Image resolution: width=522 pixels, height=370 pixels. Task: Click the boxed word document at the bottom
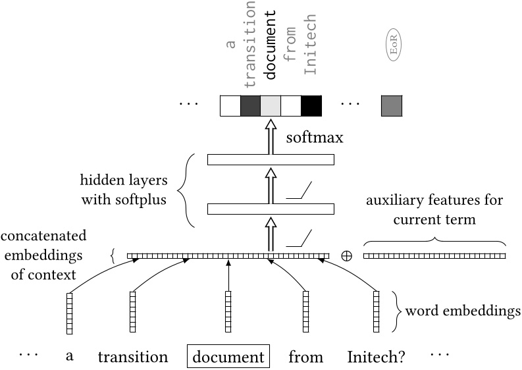pos(228,357)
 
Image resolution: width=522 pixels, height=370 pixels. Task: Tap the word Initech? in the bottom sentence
pos(376,357)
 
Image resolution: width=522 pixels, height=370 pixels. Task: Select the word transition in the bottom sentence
pos(133,357)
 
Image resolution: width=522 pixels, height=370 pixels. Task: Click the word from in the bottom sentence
pos(305,357)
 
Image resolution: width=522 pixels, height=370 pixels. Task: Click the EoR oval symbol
pos(394,48)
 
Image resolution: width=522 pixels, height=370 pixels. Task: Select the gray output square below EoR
pos(391,105)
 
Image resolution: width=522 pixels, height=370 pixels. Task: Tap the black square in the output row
pos(311,105)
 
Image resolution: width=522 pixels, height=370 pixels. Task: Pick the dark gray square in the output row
pos(250,105)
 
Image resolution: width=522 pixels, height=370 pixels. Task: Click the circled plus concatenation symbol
pos(346,255)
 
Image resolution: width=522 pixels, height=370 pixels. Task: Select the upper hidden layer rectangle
pos(271,159)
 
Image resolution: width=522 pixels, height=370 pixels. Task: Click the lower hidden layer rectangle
pos(271,209)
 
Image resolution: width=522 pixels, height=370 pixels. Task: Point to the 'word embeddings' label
pos(461,309)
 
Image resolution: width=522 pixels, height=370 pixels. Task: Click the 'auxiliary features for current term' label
pos(435,209)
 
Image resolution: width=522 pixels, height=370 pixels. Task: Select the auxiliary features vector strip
pos(434,255)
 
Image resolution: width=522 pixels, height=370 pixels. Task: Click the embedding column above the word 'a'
pos(69,313)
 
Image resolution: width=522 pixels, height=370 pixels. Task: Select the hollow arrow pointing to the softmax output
pos(271,135)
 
